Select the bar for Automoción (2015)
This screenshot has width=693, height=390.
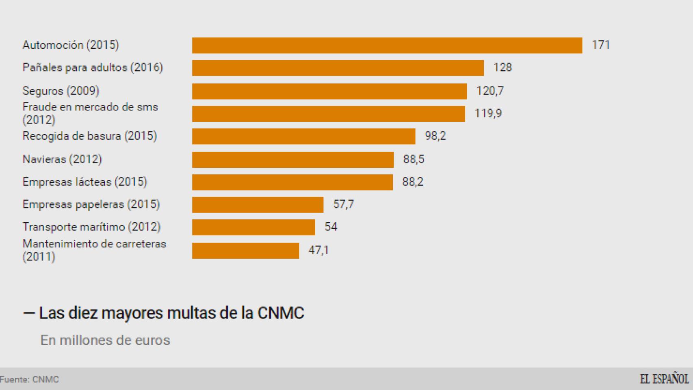387,45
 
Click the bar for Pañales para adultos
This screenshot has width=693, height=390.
338,68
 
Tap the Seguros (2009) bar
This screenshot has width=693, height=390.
329,91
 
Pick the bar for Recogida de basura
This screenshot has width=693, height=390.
303,136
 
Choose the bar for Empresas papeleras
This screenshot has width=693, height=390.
258,205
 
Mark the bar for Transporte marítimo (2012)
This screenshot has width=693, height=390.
253,227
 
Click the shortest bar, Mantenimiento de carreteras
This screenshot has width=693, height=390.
245,251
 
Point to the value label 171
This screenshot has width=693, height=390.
600,45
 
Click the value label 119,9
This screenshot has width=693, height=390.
488,113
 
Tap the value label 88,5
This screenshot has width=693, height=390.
414,159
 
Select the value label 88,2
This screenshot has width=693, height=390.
413,182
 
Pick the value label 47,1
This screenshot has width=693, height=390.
318,250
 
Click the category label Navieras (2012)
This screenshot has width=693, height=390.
62,159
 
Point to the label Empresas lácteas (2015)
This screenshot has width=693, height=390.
84,182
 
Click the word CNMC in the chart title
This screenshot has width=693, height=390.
280,313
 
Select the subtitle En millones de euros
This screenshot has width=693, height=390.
105,340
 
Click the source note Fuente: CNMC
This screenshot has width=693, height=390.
29,379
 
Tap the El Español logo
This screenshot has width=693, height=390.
664,379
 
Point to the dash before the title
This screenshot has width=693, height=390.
28,313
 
